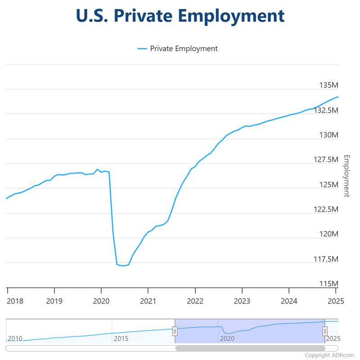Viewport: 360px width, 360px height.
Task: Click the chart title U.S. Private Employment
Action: [180, 16]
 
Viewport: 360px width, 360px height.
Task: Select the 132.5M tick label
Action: [324, 110]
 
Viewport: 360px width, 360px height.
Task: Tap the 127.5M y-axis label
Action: [324, 160]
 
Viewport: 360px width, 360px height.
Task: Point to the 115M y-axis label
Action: [328, 284]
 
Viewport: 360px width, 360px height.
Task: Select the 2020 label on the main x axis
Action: [101, 301]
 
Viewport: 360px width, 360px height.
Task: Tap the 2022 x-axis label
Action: [195, 301]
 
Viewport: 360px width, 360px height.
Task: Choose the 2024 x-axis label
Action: [289, 301]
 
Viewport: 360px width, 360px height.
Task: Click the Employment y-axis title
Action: [346, 176]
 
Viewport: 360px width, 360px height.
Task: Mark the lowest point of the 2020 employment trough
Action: [123, 265]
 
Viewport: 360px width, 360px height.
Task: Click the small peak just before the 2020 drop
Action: [97, 169]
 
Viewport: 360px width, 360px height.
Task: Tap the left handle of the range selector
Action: [175, 331]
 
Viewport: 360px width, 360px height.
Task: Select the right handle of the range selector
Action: [324, 331]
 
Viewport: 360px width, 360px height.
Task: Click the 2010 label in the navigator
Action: [15, 338]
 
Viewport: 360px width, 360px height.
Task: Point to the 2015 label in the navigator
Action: [121, 338]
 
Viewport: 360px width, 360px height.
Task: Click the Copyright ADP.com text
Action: [329, 355]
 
